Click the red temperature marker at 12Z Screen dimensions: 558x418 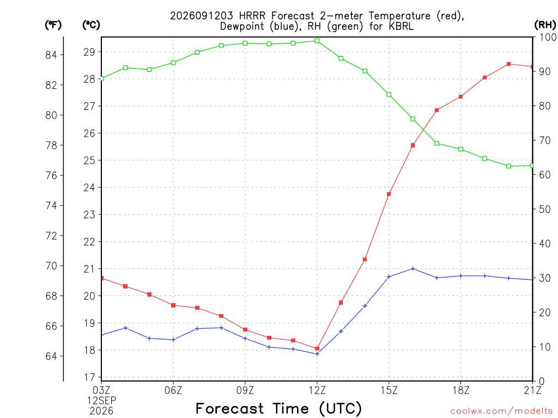pyautogui.click(x=317, y=349)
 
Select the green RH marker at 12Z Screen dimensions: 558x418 pyautogui.click(x=317, y=41)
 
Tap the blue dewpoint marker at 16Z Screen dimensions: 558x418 pyautogui.click(x=413, y=269)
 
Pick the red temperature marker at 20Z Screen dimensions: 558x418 pyautogui.click(x=508, y=64)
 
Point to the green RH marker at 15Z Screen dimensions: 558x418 pyautogui.click(x=389, y=95)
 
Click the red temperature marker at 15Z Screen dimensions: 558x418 pyautogui.click(x=389, y=194)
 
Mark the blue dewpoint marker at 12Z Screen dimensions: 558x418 pyautogui.click(x=317, y=354)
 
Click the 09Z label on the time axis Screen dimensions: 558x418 pyautogui.click(x=245, y=390)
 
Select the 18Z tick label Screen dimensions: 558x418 pyautogui.click(x=461, y=390)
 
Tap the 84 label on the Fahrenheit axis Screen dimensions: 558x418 pyautogui.click(x=51, y=55)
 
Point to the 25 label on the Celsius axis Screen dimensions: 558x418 pyautogui.click(x=89, y=161)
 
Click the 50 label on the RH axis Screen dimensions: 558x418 pyautogui.click(x=543, y=209)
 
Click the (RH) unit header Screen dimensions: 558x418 pyautogui.click(x=545, y=24)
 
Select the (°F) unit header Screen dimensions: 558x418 pyautogui.click(x=53, y=24)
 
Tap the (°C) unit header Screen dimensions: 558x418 pyautogui.click(x=91, y=24)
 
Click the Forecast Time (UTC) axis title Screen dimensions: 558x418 pyautogui.click(x=278, y=409)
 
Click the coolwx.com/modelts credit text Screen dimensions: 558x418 pyautogui.click(x=501, y=411)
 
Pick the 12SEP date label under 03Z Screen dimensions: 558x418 pyautogui.click(x=101, y=401)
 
